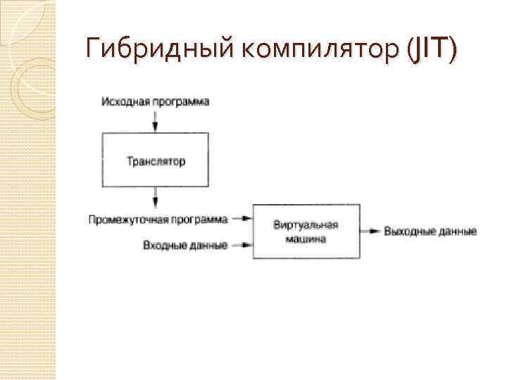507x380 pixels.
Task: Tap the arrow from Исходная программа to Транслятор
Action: pos(156,121)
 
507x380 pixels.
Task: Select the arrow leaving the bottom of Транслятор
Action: pos(156,196)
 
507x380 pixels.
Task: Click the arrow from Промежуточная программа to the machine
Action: pos(242,219)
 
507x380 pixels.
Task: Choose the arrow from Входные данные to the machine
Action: pos(242,246)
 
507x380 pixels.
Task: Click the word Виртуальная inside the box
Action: pos(306,225)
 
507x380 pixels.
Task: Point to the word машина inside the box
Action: pos(306,239)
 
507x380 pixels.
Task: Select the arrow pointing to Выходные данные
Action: pos(370,231)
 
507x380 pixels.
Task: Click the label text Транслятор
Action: pos(156,162)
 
